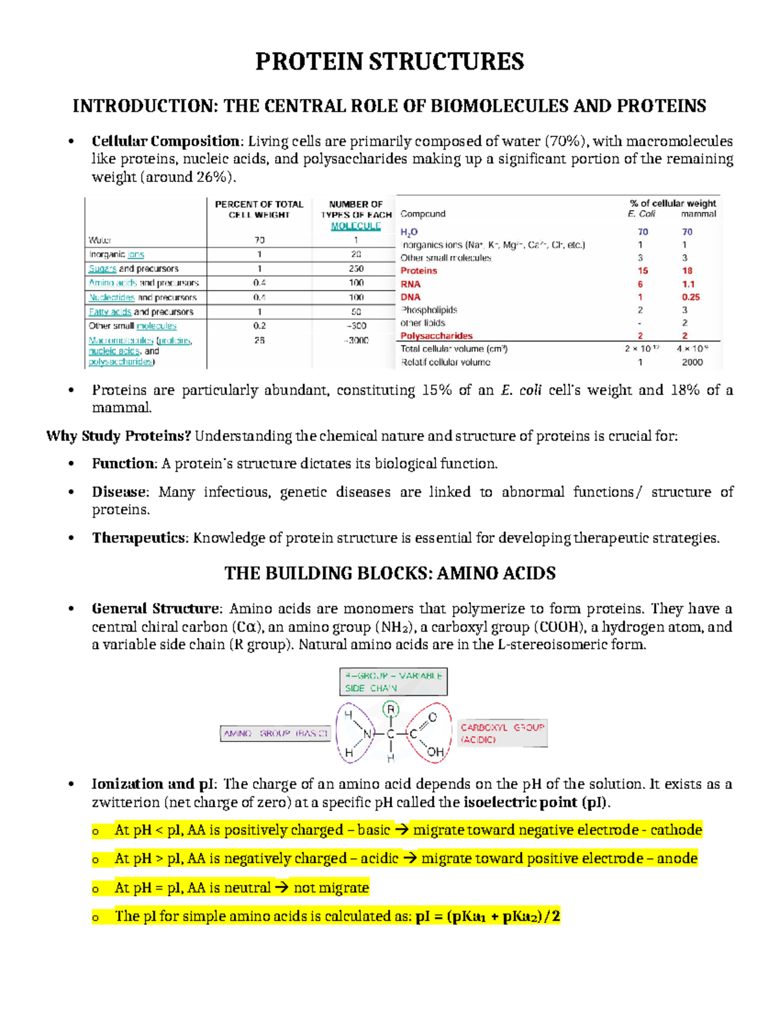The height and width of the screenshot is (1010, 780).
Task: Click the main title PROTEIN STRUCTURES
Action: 389,62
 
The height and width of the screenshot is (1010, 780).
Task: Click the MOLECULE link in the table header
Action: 356,226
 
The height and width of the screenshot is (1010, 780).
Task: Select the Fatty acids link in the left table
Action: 110,312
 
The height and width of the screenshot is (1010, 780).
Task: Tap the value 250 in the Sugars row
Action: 356,269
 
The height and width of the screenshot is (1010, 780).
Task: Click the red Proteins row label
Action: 419,271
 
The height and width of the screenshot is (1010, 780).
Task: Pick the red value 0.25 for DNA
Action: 690,297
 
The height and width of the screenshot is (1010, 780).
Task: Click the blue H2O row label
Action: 409,232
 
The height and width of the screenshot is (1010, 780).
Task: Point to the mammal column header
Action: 698,214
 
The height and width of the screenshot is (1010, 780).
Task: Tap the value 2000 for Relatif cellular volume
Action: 692,362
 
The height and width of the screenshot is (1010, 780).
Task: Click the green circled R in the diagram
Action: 391,709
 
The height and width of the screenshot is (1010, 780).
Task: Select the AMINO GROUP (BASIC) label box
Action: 276,734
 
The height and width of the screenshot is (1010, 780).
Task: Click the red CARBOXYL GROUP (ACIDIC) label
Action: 502,733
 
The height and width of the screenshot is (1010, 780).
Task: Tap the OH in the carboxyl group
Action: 435,752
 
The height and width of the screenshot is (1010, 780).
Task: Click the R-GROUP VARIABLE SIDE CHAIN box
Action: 393,682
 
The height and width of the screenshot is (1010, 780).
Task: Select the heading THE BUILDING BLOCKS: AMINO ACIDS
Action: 389,574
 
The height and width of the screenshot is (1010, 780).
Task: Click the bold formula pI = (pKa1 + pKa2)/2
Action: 487,916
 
